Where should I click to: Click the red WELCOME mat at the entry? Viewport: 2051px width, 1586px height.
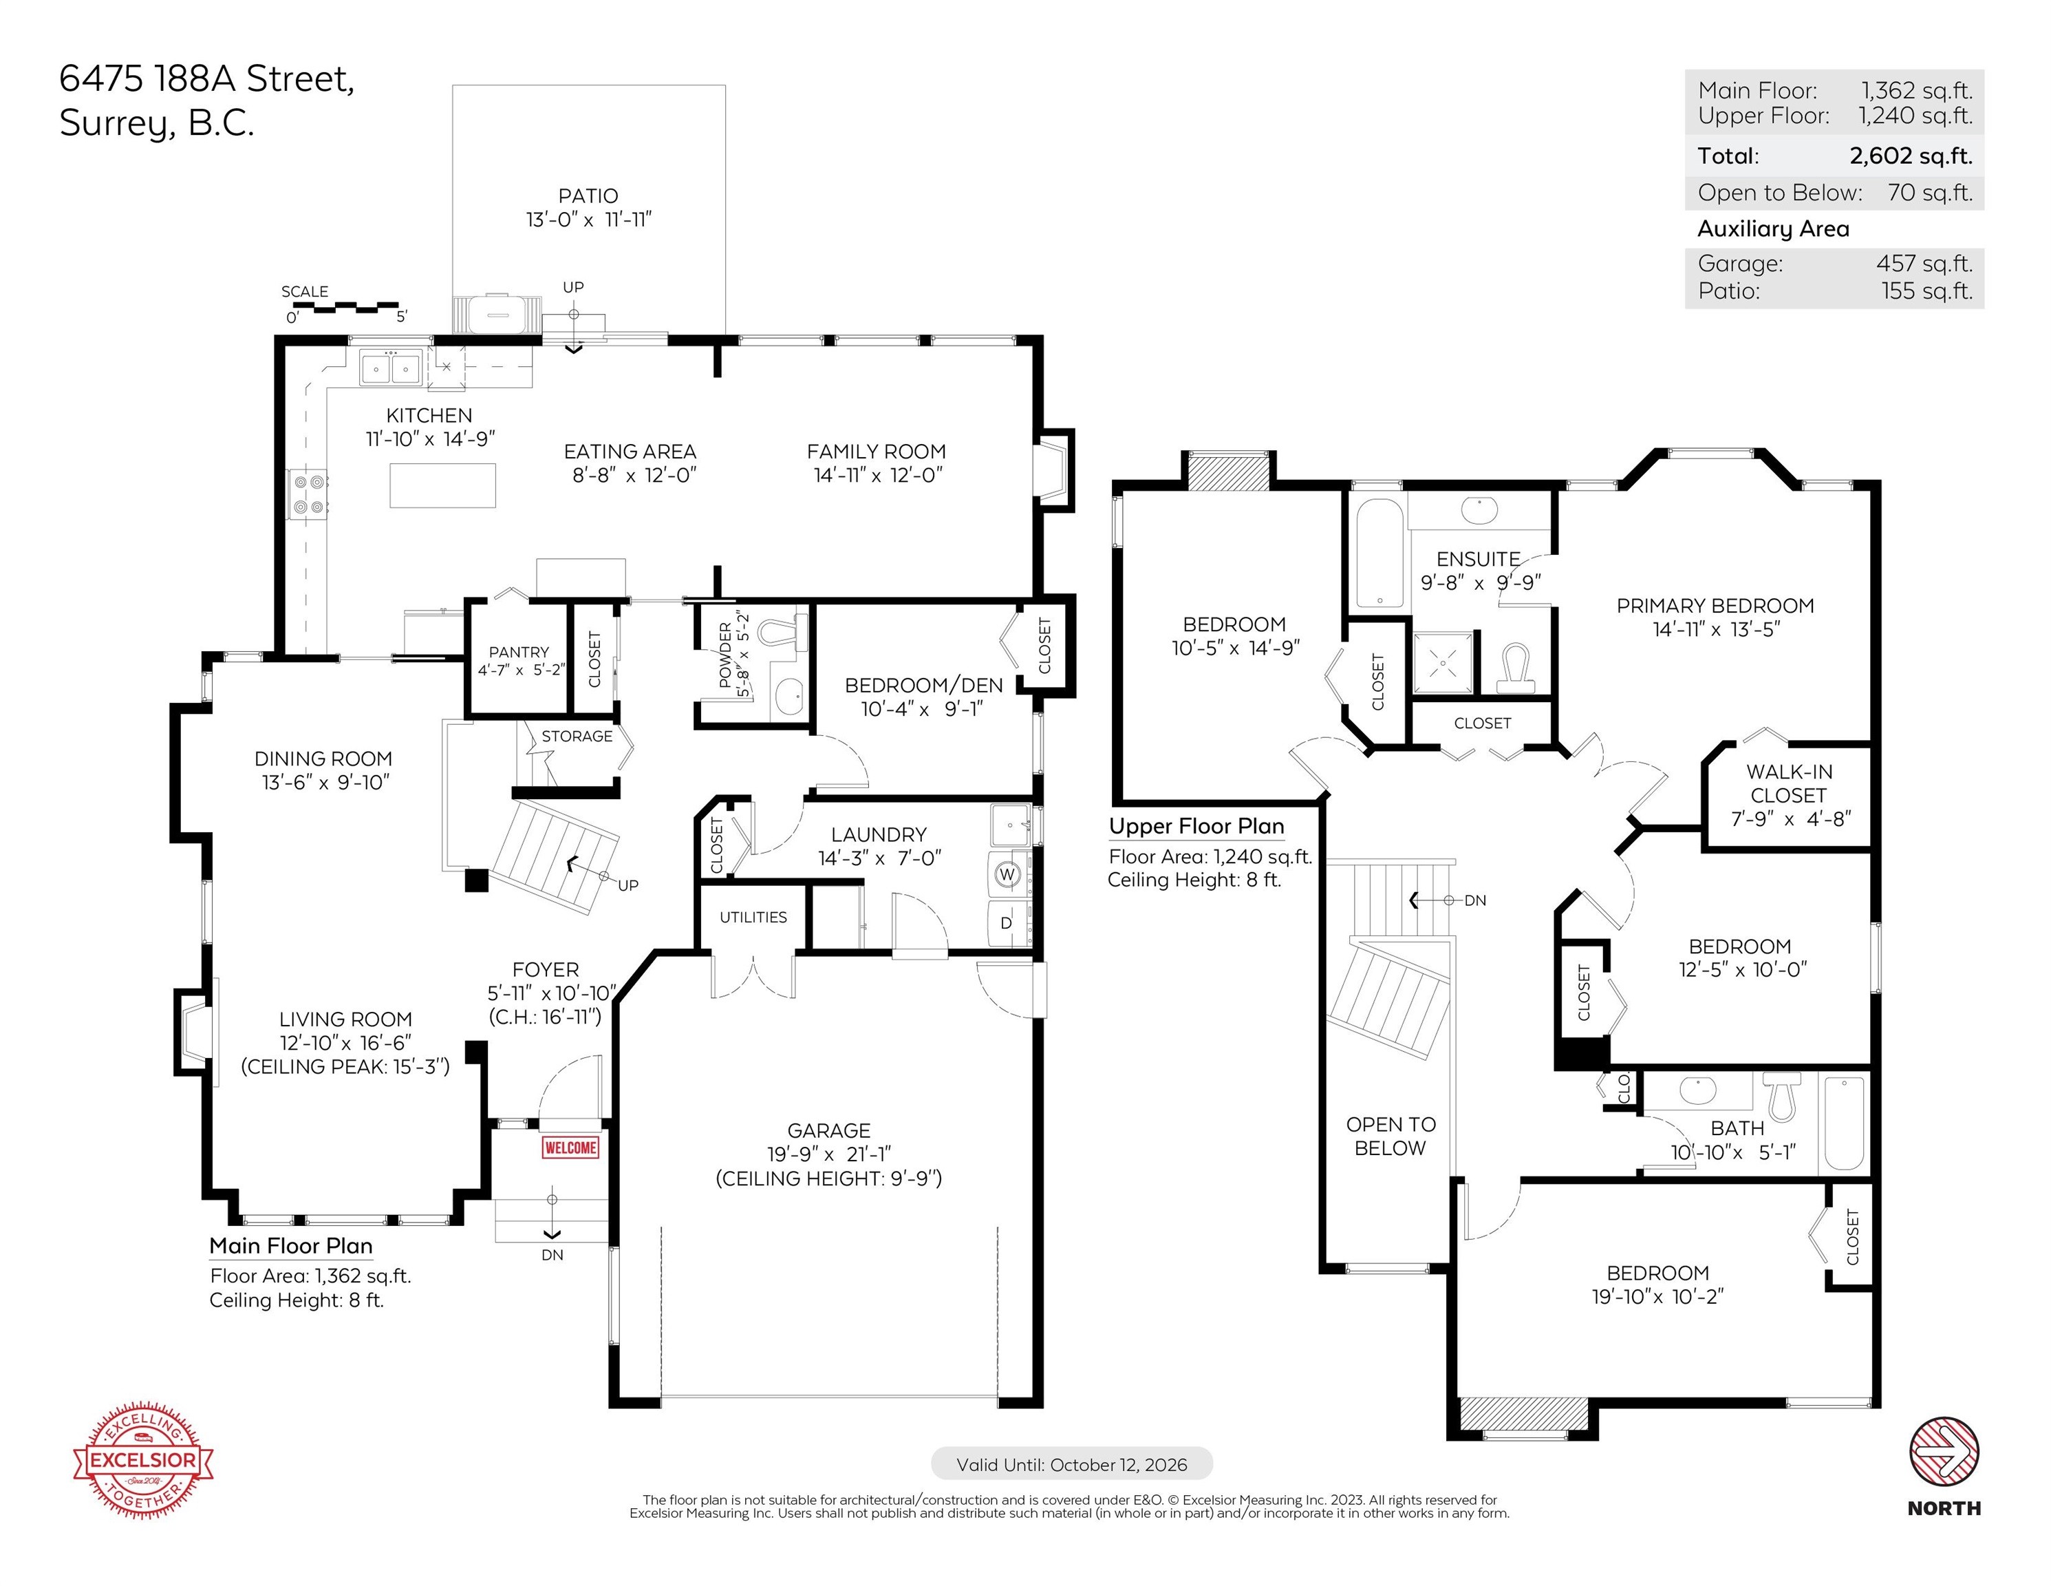coord(570,1148)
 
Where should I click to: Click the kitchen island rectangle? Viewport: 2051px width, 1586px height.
coord(442,485)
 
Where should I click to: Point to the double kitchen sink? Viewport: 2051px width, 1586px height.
coord(389,368)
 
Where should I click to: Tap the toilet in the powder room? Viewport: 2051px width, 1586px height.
coord(782,633)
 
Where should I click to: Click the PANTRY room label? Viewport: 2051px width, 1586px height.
coord(518,652)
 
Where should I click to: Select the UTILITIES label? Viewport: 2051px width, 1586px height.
coord(753,917)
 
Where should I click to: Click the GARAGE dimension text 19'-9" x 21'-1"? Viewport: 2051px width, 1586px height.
coord(828,1154)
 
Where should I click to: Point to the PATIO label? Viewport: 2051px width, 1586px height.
coord(588,195)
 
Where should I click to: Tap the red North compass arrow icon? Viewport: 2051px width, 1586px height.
coord(1944,1452)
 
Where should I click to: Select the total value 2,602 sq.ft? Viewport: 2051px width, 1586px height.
coord(1911,156)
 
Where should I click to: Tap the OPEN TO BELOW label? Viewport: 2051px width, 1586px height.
coord(1390,1136)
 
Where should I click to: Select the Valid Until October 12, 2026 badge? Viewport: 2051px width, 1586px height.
coord(1071,1464)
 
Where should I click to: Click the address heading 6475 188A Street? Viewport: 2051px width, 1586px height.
coord(206,79)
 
